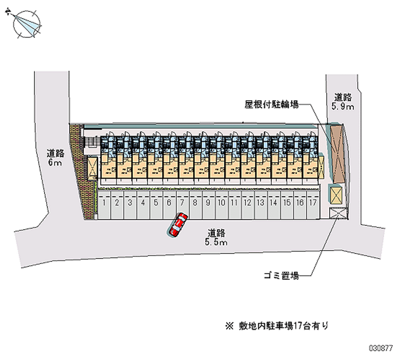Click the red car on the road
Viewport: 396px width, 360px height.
pyautogui.click(x=178, y=224)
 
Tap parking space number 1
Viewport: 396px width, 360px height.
pyautogui.click(x=103, y=207)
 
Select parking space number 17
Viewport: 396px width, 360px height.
pyautogui.click(x=312, y=207)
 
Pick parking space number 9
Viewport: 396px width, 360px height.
pyautogui.click(x=208, y=207)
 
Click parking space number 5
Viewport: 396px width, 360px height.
pyautogui.click(x=155, y=207)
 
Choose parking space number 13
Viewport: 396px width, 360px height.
pyautogui.click(x=260, y=207)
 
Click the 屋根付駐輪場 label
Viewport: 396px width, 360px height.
pyautogui.click(x=271, y=105)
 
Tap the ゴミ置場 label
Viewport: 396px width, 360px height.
pyautogui.click(x=281, y=276)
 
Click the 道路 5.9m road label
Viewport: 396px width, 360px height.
pyautogui.click(x=343, y=102)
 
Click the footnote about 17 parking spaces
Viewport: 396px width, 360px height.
pyautogui.click(x=277, y=326)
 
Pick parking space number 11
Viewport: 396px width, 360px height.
pyautogui.click(x=234, y=207)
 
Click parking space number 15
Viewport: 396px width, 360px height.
pyautogui.click(x=287, y=207)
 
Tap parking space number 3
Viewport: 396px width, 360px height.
pyautogui.click(x=130, y=207)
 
